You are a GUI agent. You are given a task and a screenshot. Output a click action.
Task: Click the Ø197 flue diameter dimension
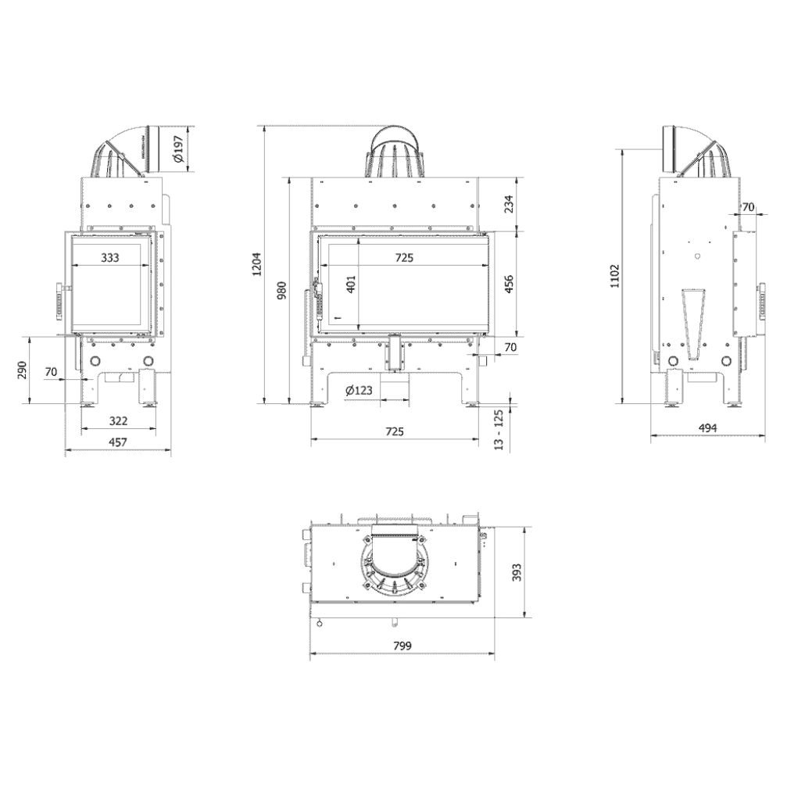pos(179,149)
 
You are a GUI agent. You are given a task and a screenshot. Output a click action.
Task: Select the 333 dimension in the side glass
pos(110,257)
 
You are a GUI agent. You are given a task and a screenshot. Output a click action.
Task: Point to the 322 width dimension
pos(118,421)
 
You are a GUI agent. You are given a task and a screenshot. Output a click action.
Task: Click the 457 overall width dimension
pos(116,442)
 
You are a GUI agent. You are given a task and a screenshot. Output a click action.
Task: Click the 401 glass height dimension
pos(351,284)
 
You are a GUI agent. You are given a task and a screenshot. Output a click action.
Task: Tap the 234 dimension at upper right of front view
pos(509,204)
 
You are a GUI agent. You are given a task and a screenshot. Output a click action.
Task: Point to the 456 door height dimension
pos(509,283)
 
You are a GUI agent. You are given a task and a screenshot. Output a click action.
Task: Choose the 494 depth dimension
pos(707,428)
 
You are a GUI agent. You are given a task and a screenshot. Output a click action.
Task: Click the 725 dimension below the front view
pos(394,431)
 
